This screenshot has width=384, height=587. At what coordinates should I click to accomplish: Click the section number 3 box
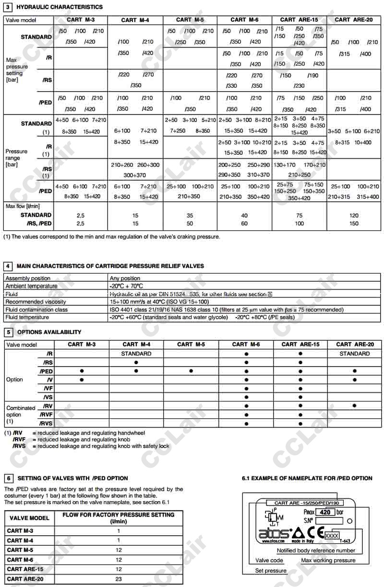tap(8, 7)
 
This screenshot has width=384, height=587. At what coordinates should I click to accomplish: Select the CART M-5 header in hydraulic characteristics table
tap(190, 20)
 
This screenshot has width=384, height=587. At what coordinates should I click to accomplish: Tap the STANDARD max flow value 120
tap(354, 216)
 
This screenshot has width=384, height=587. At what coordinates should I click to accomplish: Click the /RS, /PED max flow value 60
tap(244, 223)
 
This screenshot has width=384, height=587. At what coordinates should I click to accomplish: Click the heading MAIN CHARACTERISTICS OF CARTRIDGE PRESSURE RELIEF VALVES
tap(110, 266)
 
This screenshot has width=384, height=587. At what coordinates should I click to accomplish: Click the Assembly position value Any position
tap(125, 278)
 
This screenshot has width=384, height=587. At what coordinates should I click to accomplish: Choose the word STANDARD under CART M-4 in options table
tap(136, 354)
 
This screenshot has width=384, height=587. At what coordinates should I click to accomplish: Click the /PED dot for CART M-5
tap(191, 371)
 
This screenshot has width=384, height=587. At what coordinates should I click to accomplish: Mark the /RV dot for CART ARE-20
tap(354, 405)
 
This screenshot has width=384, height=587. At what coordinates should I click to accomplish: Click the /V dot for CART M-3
tap(82, 380)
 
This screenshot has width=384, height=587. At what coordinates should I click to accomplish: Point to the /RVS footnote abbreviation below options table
tap(19, 446)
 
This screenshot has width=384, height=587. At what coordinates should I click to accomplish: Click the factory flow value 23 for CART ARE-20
tap(119, 579)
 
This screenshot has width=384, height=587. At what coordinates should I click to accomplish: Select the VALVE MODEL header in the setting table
tap(29, 518)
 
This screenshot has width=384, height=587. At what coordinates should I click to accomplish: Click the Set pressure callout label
tap(271, 571)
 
